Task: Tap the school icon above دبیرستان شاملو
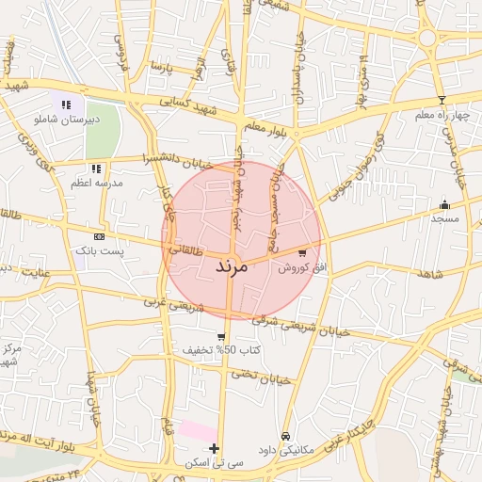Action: pos(66,104)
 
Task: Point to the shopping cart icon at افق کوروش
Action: pos(301,252)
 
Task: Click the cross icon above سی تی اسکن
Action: pos(215,448)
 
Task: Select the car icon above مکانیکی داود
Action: pos(286,437)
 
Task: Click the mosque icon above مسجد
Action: pos(444,204)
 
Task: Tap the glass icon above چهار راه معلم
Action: pos(442,100)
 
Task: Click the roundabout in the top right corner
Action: pos(428,38)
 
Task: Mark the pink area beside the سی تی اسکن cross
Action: pos(198,430)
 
